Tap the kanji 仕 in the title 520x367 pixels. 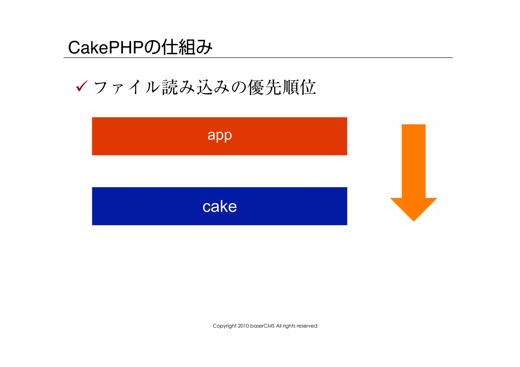(170, 47)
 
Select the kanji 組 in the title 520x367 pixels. (187, 47)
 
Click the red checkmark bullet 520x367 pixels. (82, 86)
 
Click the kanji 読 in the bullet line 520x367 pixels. (170, 87)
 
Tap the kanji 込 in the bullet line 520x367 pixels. (205, 87)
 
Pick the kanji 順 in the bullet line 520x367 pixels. (290, 87)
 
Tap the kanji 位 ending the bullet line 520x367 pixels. (308, 87)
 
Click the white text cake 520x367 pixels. (220, 206)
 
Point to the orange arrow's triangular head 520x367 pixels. (414, 208)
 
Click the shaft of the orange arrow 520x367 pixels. (414, 160)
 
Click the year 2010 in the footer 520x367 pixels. (243, 326)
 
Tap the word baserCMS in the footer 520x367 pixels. (262, 326)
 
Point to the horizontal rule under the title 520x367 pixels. (258, 58)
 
